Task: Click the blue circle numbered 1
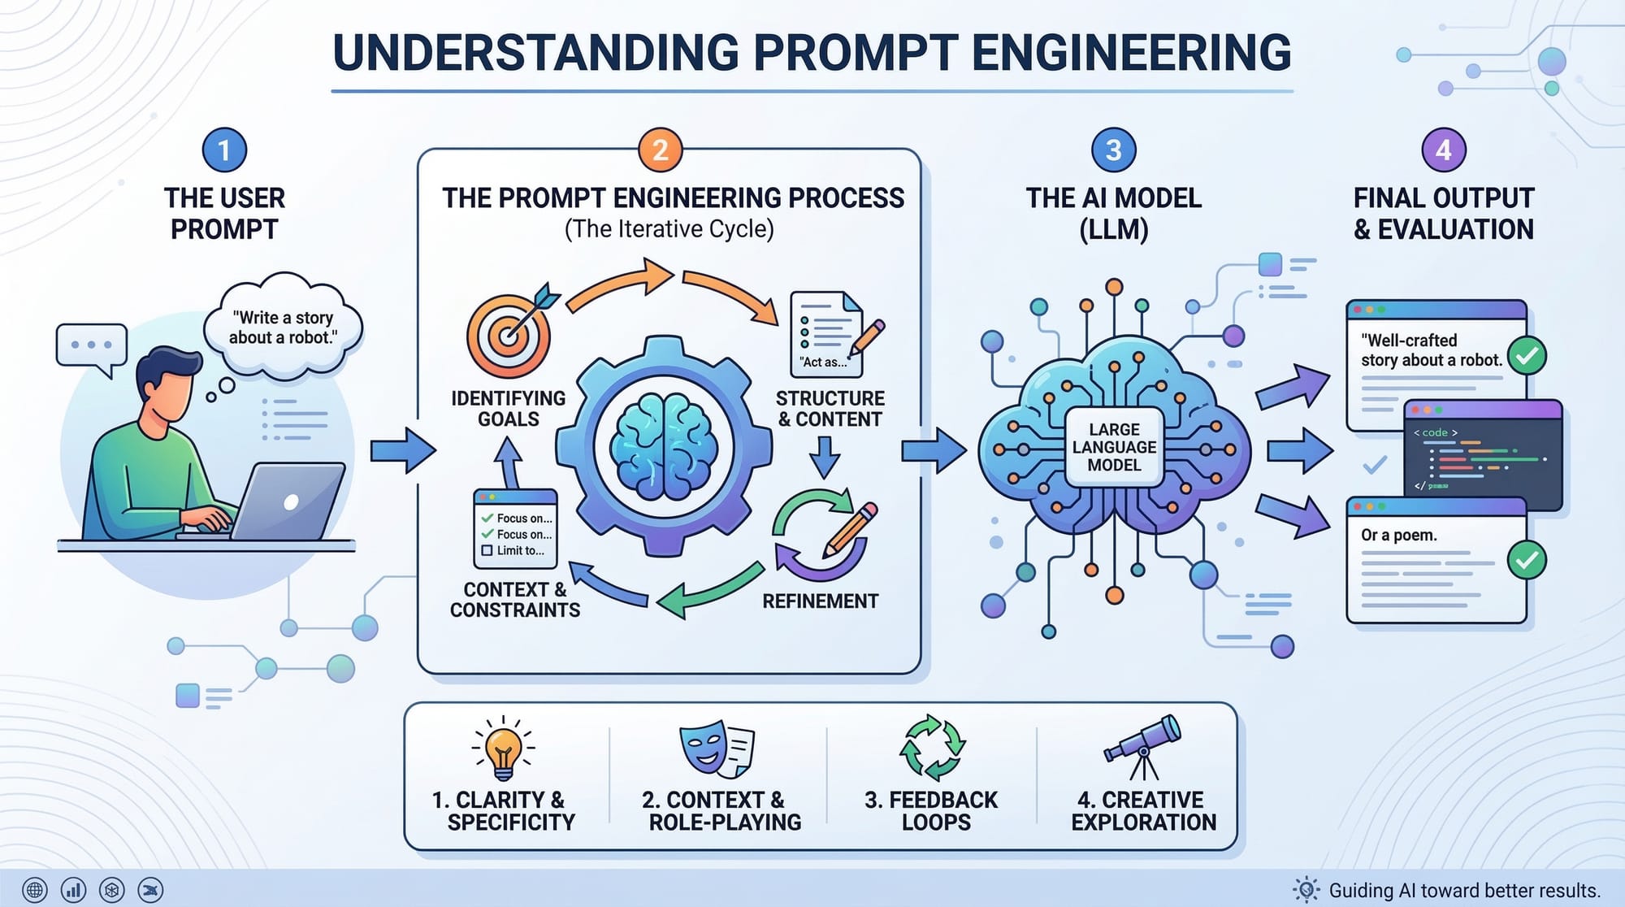[224, 150]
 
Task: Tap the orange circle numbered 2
[660, 150]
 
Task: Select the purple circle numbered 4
[1443, 150]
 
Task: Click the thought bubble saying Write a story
[283, 328]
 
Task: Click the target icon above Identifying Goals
[510, 334]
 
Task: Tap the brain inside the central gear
[664, 446]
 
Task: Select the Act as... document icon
[827, 333]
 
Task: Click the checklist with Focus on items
[516, 528]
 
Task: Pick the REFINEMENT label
[820, 601]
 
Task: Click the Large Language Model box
[1114, 447]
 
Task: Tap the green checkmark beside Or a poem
[1526, 560]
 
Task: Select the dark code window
[1483, 455]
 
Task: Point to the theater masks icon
[716, 748]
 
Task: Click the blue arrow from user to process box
[402, 450]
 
